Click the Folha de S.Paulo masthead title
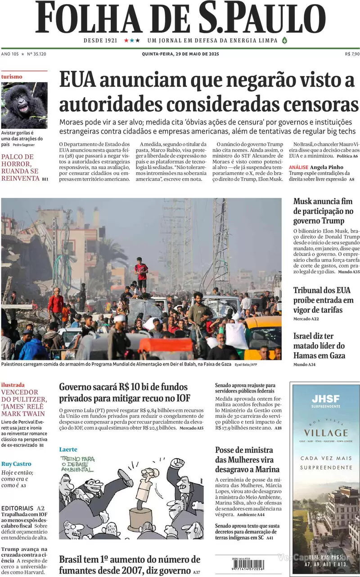click(x=180, y=18)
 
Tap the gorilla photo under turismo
click(x=24, y=105)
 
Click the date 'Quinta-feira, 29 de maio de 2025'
click(x=180, y=54)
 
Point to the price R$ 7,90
click(x=351, y=54)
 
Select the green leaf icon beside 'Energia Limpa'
click(x=284, y=40)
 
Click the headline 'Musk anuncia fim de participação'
click(x=323, y=211)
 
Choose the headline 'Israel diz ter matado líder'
click(x=319, y=346)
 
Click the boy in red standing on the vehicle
click(x=142, y=273)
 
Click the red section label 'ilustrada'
click(x=13, y=385)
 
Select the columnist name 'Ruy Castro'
click(x=16, y=464)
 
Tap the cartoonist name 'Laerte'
click(x=68, y=449)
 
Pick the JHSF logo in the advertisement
click(x=325, y=398)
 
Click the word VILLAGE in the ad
click(x=325, y=433)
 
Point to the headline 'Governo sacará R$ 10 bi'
click(x=123, y=392)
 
